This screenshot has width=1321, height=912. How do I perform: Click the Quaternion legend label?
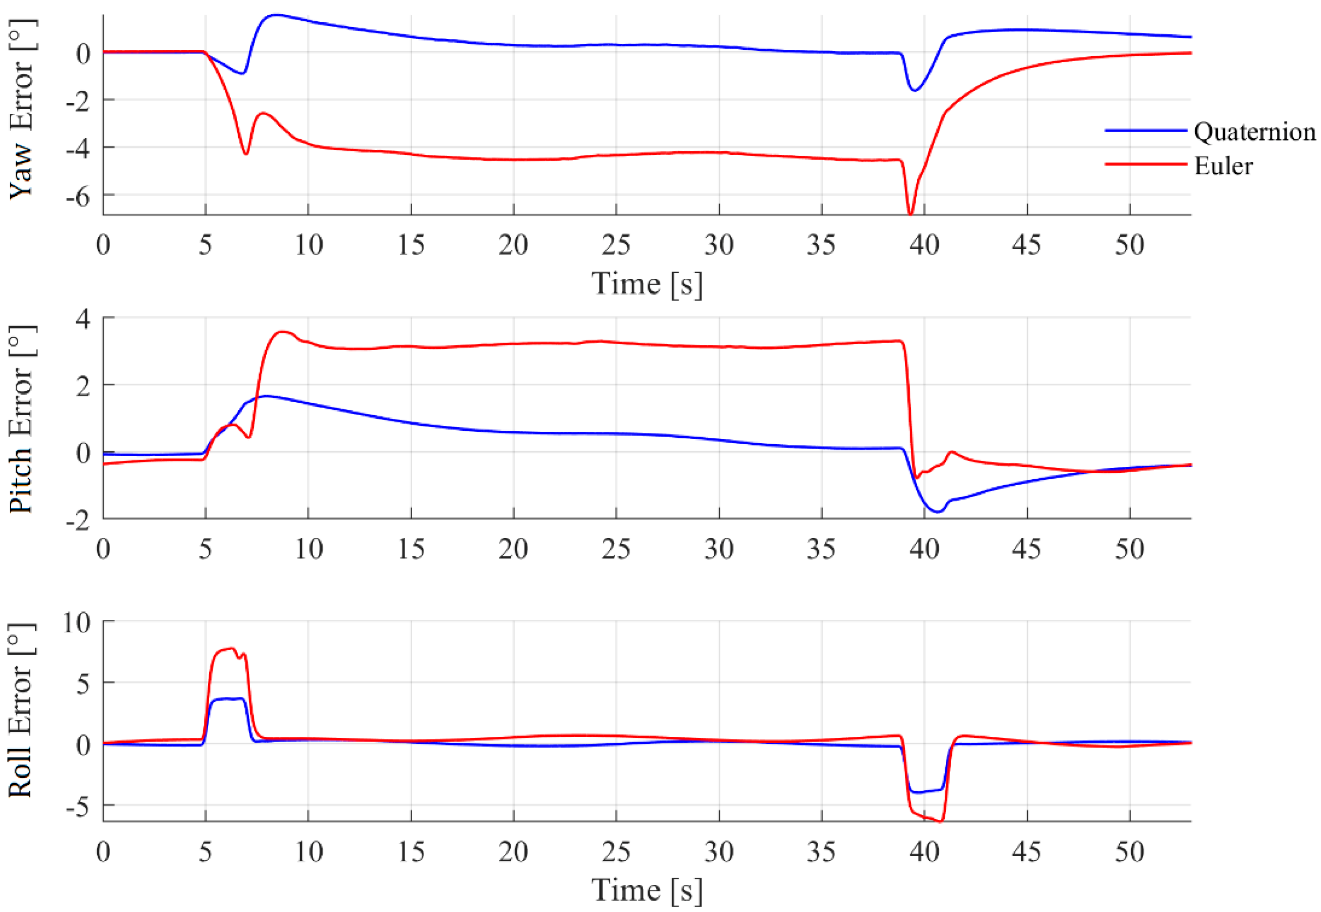click(1254, 132)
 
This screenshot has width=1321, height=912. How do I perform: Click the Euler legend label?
click(1223, 166)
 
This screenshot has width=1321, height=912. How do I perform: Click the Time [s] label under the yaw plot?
click(646, 284)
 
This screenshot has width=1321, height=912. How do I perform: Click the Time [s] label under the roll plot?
click(646, 890)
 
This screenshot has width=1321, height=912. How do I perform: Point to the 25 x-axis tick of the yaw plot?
click(616, 246)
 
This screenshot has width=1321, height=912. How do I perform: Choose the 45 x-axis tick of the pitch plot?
click(1027, 549)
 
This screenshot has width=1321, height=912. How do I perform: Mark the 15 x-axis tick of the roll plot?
click(410, 852)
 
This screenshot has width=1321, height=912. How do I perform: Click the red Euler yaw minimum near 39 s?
click(911, 214)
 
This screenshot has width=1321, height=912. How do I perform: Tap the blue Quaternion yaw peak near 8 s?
click(277, 15)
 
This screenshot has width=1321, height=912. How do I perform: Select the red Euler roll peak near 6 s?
click(231, 648)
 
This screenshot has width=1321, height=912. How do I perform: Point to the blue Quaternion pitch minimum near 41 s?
click(937, 512)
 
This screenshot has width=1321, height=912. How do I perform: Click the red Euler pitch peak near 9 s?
click(283, 331)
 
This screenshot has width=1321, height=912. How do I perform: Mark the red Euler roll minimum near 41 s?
click(941, 821)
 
